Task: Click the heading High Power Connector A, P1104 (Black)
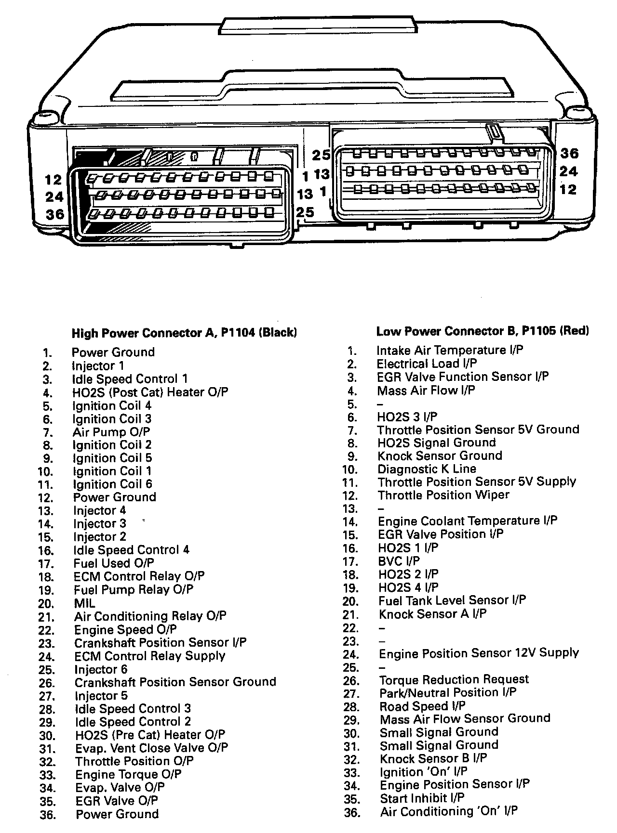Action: pyautogui.click(x=184, y=333)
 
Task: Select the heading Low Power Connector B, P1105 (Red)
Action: pyautogui.click(x=483, y=331)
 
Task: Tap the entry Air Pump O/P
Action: pyautogui.click(x=111, y=432)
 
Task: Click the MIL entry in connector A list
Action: pyautogui.click(x=84, y=603)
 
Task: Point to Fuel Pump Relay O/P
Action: pyautogui.click(x=134, y=589)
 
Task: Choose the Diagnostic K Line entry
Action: pyautogui.click(x=427, y=469)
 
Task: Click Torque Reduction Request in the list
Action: pyautogui.click(x=454, y=679)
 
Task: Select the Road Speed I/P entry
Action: pyautogui.click(x=422, y=706)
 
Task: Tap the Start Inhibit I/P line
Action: pyautogui.click(x=422, y=798)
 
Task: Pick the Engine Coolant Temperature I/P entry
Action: pyautogui.click(x=468, y=521)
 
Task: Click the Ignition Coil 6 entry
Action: pyautogui.click(x=112, y=484)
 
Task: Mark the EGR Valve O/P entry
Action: pyautogui.click(x=117, y=801)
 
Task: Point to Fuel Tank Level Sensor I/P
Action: pyautogui.click(x=452, y=600)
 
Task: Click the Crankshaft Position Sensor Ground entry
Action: pyautogui.click(x=175, y=682)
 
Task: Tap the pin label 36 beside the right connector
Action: pyautogui.click(x=569, y=154)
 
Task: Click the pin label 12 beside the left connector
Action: pyautogui.click(x=54, y=180)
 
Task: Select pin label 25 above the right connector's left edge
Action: pyautogui.click(x=321, y=155)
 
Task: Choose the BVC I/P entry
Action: pyautogui.click(x=399, y=561)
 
